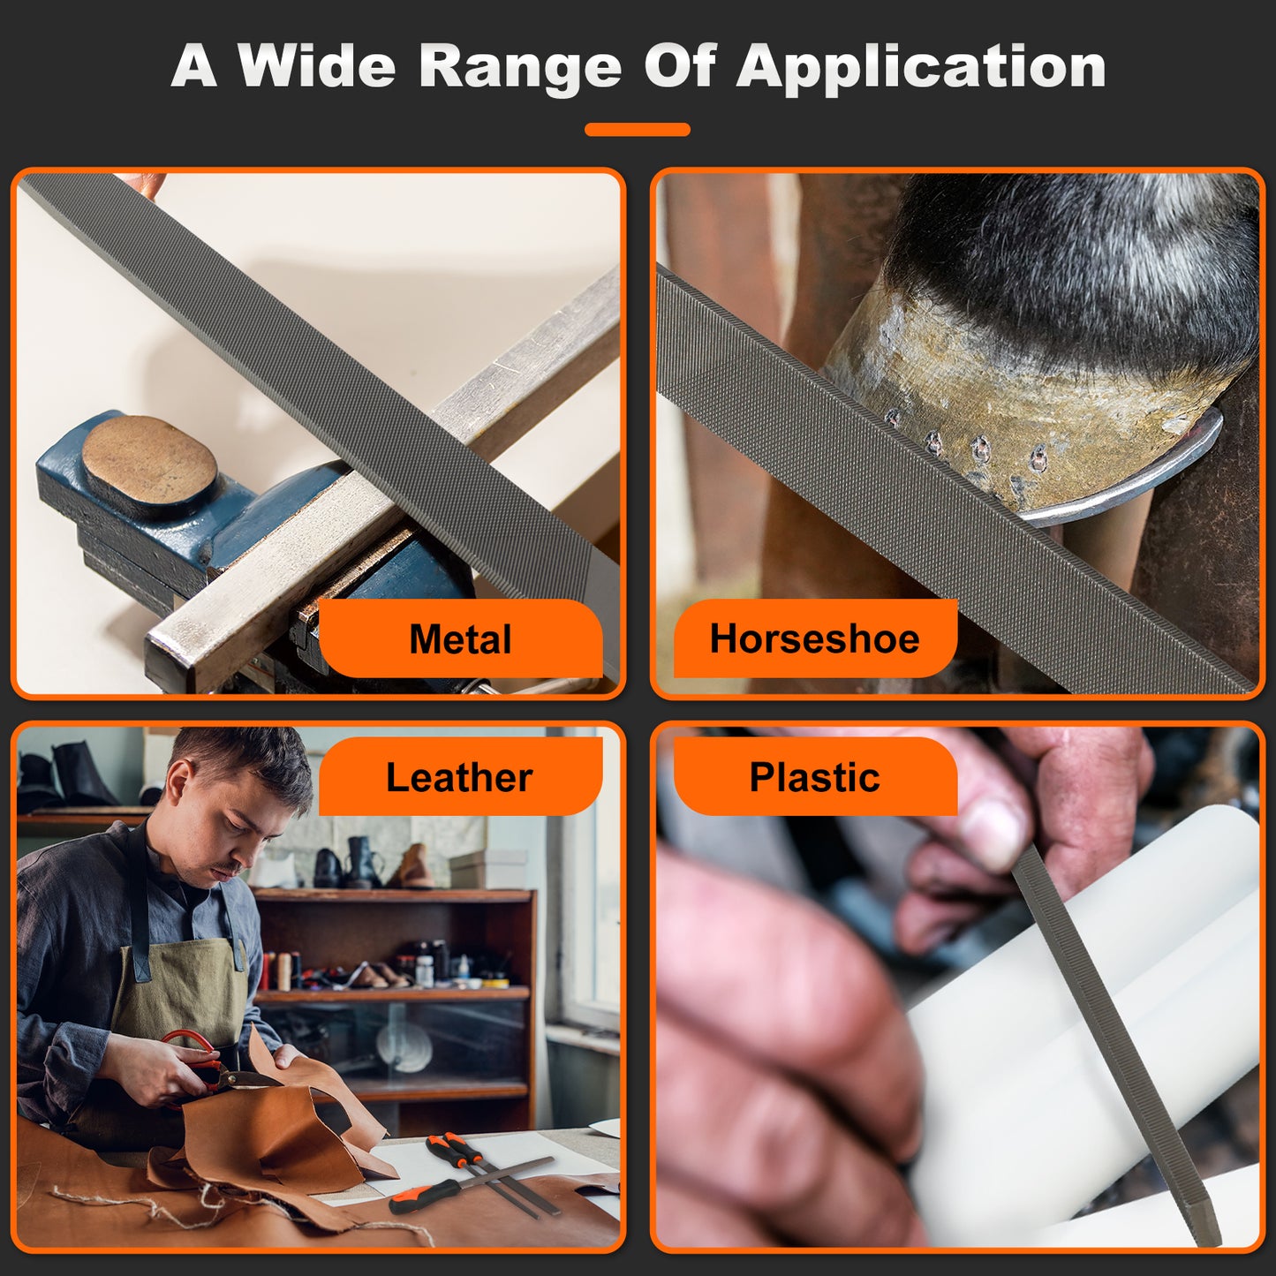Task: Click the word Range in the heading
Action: (520, 68)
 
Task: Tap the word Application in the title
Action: (921, 68)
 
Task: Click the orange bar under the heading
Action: (637, 130)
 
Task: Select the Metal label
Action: (460, 639)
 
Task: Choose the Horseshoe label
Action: (814, 638)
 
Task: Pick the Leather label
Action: (459, 777)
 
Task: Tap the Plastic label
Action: (814, 777)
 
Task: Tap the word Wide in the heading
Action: (316, 66)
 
